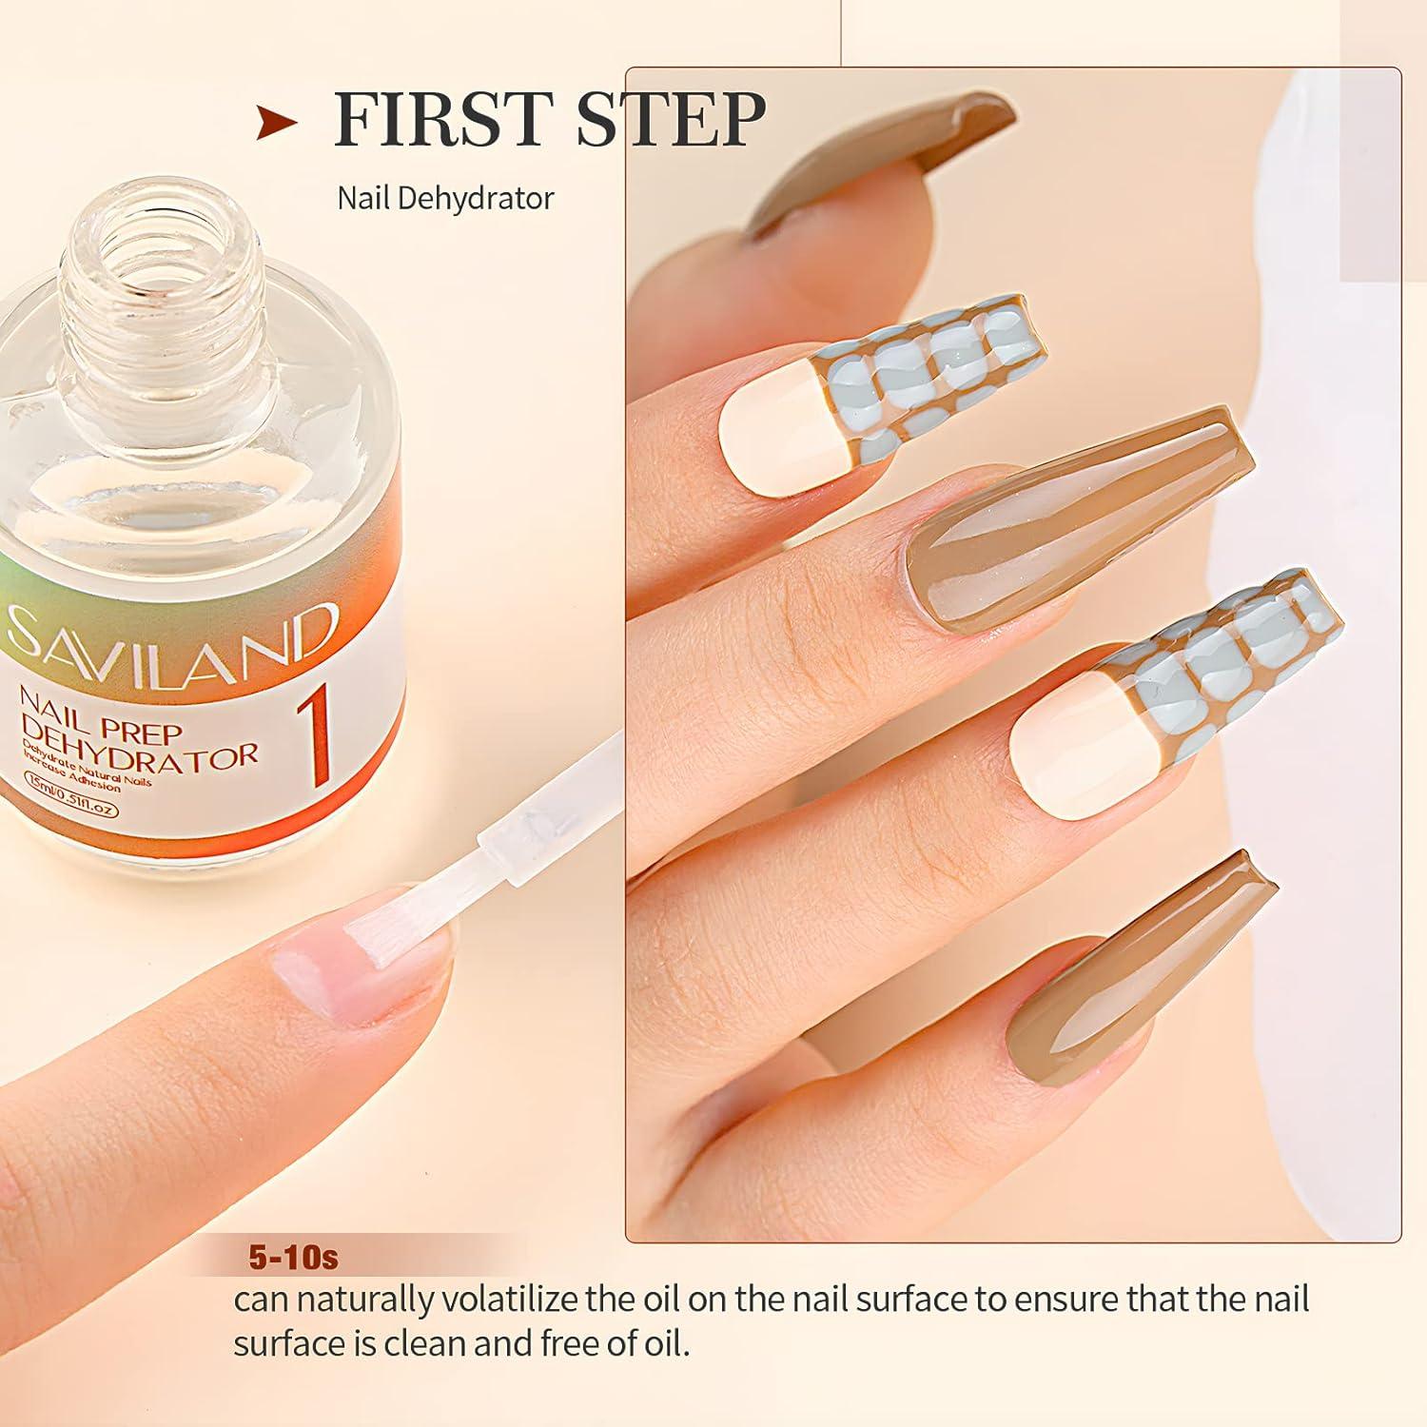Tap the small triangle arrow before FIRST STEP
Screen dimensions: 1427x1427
[x=277, y=123]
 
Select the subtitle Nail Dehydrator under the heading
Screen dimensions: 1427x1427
[x=445, y=198]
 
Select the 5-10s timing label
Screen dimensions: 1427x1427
[x=292, y=1258]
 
